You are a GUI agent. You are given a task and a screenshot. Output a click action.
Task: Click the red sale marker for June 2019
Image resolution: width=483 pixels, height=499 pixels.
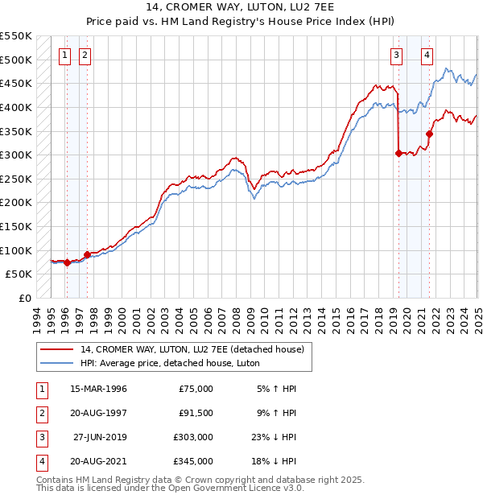pos(398,154)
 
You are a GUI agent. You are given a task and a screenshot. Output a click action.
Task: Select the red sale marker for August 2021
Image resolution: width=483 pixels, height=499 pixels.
pos(430,134)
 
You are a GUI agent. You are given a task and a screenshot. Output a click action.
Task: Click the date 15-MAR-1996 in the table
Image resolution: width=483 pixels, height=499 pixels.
pos(89,389)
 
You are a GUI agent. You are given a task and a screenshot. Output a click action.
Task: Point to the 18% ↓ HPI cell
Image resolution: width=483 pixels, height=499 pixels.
pos(275,461)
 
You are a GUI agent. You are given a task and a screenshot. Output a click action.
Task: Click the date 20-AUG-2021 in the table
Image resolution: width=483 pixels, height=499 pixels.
pos(89,461)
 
